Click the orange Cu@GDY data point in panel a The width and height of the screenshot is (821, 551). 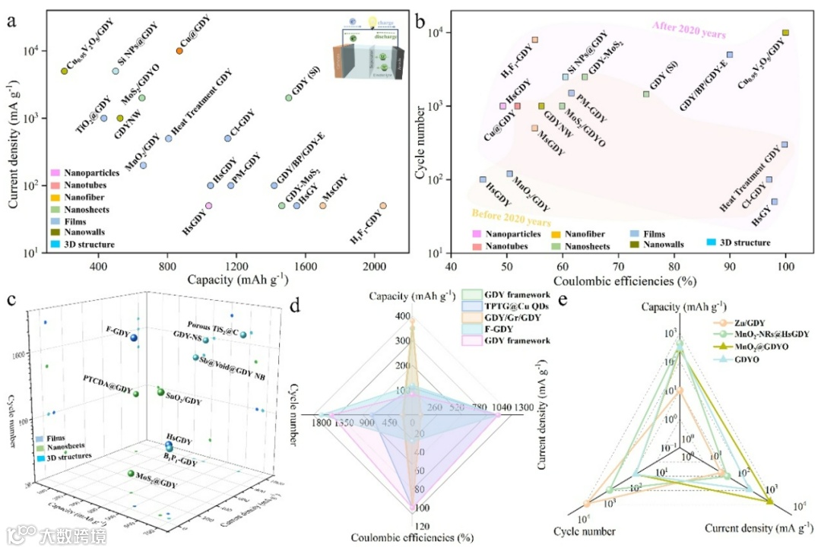click(179, 51)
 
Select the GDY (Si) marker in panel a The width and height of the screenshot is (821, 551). click(288, 98)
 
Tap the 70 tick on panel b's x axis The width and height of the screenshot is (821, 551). click(618, 267)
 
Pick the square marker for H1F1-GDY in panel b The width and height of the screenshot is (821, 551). click(535, 40)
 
